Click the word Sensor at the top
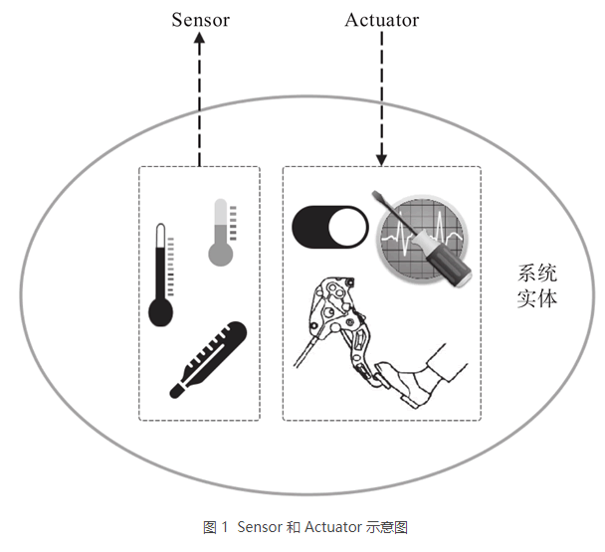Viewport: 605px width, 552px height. click(200, 20)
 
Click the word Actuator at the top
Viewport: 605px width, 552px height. click(381, 20)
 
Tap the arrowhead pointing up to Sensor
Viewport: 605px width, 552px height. click(199, 40)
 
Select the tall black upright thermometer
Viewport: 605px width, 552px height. click(160, 274)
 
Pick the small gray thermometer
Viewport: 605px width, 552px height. click(220, 232)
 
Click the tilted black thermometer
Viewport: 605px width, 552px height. click(208, 359)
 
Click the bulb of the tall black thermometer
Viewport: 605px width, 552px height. click(160, 313)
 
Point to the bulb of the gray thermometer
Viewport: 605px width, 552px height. click(220, 253)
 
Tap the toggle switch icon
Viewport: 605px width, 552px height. click(329, 227)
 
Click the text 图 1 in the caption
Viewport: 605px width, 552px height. click(216, 528)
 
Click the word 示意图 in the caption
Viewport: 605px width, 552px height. click(386, 528)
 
